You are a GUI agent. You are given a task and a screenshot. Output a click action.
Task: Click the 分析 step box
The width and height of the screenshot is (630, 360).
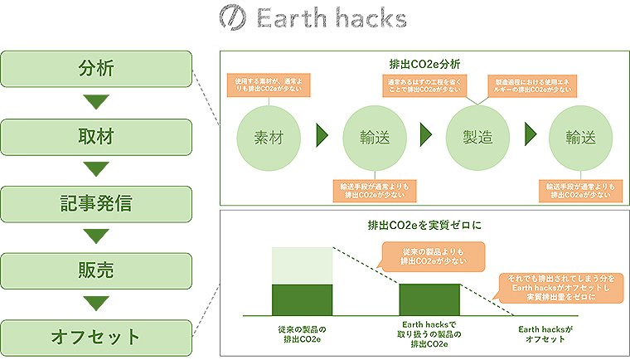click(97, 67)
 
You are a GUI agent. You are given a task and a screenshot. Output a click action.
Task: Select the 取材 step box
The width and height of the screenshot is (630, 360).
click(97, 135)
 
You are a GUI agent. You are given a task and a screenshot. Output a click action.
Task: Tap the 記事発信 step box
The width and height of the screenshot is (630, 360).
click(97, 203)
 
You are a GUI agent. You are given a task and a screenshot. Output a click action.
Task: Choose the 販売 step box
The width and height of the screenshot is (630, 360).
click(97, 270)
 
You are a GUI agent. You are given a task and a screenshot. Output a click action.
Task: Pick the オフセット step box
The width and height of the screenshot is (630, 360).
click(97, 338)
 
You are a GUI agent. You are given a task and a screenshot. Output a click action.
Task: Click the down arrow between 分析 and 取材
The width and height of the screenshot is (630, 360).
click(97, 101)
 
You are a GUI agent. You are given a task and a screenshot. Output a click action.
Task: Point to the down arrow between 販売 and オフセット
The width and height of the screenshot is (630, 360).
click(97, 304)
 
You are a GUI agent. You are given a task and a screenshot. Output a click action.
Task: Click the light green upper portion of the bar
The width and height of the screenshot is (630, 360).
click(303, 265)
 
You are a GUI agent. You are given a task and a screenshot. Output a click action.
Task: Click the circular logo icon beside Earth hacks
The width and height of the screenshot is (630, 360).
click(234, 18)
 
